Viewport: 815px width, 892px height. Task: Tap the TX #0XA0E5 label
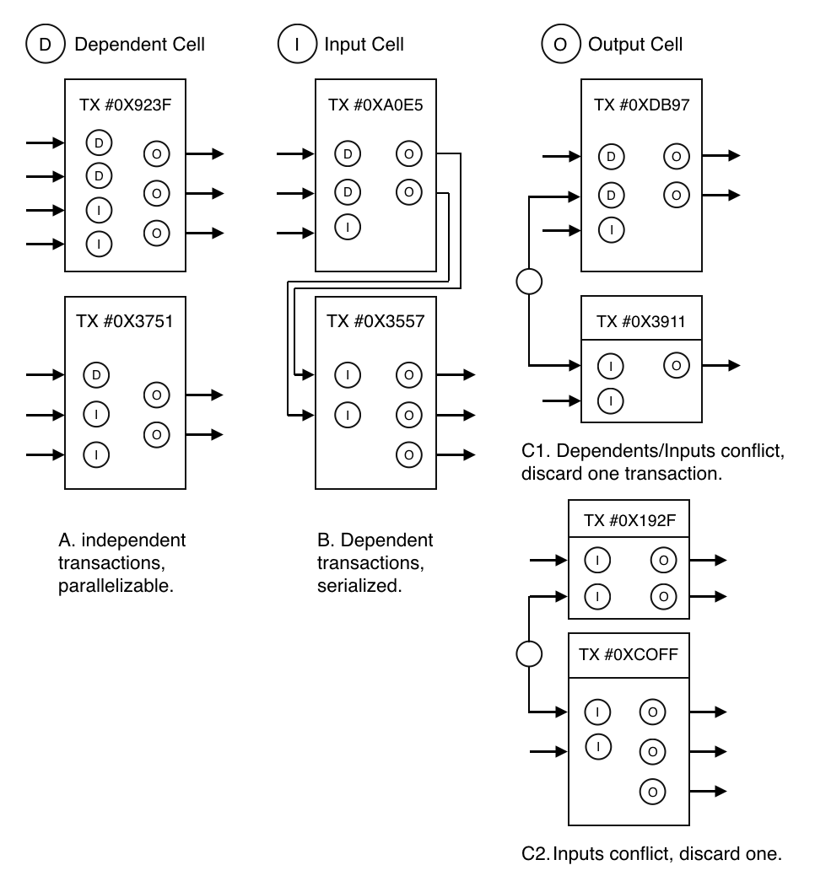click(375, 105)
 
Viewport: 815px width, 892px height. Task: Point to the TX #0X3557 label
click(375, 320)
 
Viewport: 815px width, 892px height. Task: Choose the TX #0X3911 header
click(641, 322)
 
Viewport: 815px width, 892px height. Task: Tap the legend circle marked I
click(296, 44)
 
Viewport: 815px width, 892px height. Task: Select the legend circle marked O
click(559, 44)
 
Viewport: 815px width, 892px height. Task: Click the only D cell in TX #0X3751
click(99, 373)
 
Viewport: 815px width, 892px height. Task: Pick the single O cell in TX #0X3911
click(675, 365)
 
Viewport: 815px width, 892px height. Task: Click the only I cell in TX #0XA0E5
click(347, 226)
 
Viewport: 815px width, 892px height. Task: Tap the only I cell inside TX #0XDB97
click(611, 228)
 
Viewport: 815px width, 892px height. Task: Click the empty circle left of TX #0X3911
click(529, 281)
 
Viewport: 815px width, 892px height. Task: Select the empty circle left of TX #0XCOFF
click(528, 653)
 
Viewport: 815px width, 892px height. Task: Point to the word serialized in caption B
click(364, 583)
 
